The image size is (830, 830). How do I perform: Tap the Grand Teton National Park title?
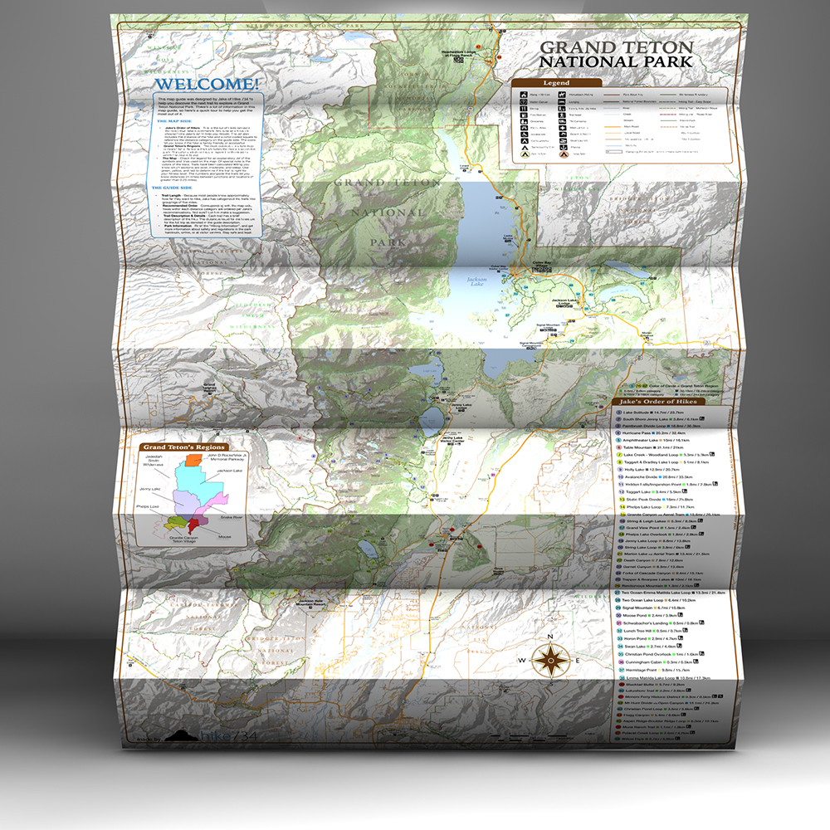point(615,54)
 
